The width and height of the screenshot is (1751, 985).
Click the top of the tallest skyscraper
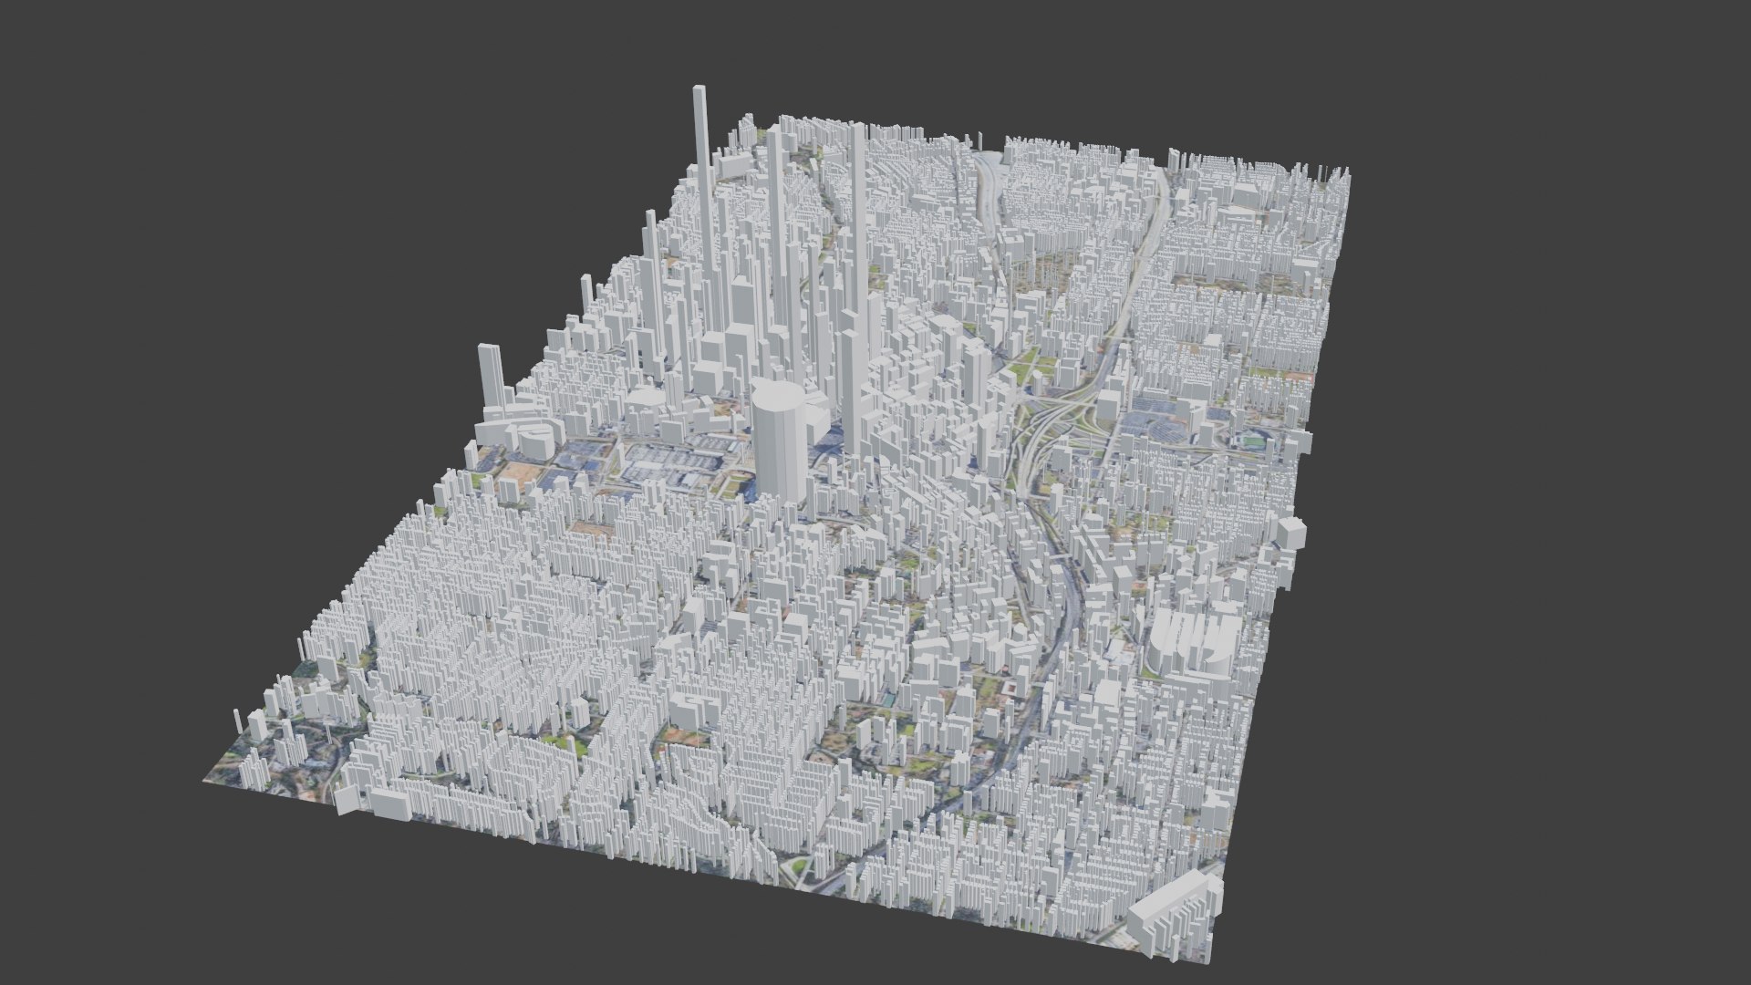click(x=699, y=90)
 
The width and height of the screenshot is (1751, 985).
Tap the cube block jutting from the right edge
click(x=1291, y=533)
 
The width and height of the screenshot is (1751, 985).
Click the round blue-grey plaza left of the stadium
click(x=1164, y=429)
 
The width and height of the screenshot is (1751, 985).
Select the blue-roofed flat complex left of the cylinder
click(x=666, y=465)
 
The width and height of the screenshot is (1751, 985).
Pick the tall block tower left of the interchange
click(x=974, y=374)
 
